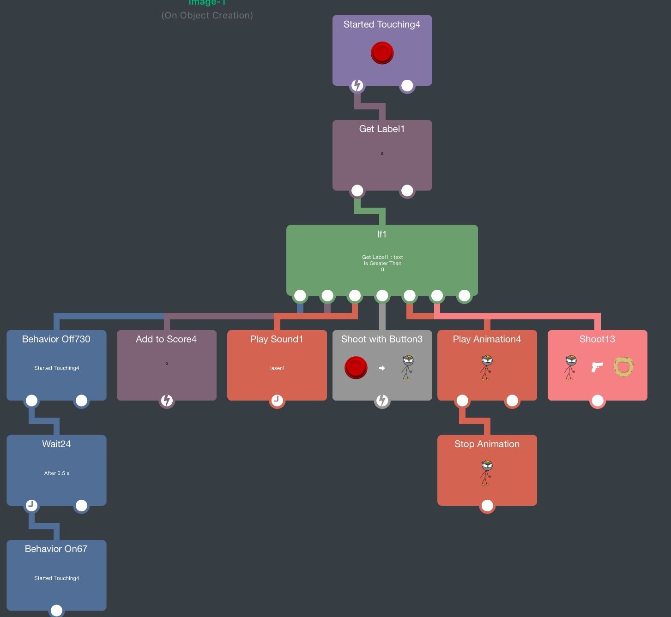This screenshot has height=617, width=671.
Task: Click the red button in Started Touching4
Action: coord(382,53)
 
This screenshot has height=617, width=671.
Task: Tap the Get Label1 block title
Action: coord(382,129)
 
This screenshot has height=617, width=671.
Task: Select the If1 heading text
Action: coord(381,234)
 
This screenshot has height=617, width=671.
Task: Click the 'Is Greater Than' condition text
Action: coord(382,264)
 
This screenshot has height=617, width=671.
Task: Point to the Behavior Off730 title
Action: coord(56,339)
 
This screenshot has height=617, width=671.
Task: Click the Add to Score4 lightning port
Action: coord(167,401)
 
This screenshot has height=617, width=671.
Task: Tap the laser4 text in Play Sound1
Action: coord(277,368)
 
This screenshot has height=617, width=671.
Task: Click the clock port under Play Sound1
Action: coord(277,401)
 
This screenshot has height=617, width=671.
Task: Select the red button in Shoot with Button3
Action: coord(356,368)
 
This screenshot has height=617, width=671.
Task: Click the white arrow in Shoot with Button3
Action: coord(382,368)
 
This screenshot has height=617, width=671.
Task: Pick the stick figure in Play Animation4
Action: coord(486,368)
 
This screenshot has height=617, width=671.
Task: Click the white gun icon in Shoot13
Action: coord(597,367)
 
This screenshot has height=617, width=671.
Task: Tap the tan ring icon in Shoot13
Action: coord(623,367)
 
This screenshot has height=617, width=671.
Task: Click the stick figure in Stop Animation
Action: coord(486,473)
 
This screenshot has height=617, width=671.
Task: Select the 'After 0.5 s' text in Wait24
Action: coord(57,473)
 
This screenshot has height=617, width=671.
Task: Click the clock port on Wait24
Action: coord(31,505)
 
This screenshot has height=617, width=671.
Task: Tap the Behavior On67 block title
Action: coord(56,549)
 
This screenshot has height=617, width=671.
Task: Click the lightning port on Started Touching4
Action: coord(357,85)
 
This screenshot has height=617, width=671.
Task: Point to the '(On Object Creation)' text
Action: coord(207,15)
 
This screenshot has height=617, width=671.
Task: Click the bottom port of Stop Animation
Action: coord(487,506)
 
